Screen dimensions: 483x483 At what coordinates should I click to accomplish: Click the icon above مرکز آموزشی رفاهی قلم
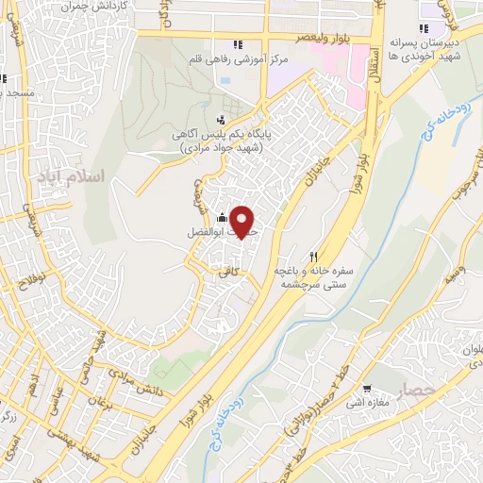coord(238,44)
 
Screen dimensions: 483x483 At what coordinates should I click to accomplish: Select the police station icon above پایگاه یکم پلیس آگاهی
coord(221,119)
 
